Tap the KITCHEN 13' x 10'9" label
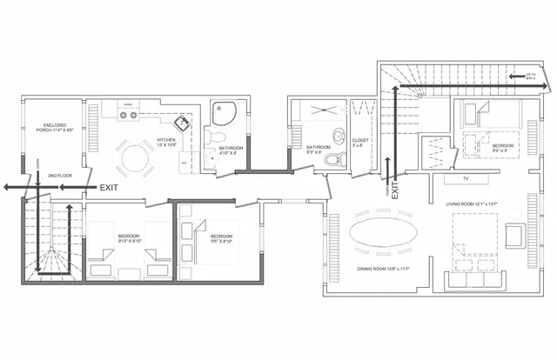tap(168, 142)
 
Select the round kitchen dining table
tap(136, 158)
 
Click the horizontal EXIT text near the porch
tap(109, 187)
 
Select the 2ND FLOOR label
tap(60, 174)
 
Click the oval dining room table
tap(384, 232)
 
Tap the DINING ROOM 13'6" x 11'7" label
tap(383, 270)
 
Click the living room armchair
tap(513, 235)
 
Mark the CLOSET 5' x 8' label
tap(360, 143)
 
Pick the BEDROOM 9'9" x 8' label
tap(502, 147)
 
